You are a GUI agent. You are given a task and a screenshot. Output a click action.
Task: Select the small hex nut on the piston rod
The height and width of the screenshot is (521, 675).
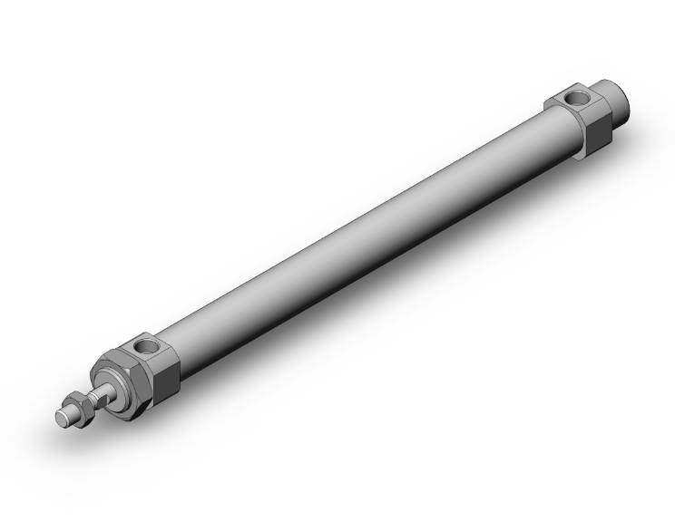pyautogui.click(x=80, y=407)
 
